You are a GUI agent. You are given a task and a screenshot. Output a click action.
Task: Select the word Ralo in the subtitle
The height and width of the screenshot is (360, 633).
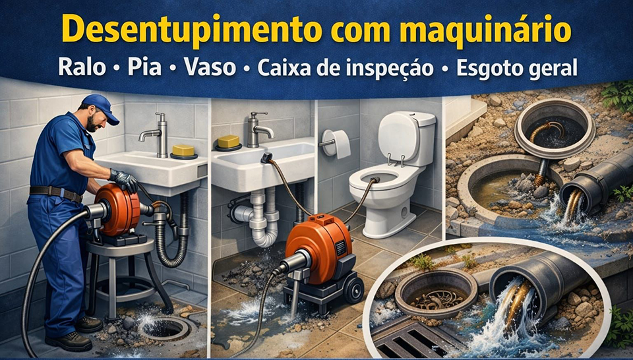(82, 67)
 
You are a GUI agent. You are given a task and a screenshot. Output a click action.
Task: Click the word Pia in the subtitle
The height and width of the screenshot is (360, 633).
(144, 67)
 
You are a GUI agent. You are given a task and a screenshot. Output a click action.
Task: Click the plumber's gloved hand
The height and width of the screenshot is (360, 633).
(125, 180)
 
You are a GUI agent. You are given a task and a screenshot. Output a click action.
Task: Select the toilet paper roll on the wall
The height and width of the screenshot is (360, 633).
(336, 143)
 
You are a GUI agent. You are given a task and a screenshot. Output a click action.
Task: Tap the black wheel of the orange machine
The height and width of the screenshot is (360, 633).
(353, 289)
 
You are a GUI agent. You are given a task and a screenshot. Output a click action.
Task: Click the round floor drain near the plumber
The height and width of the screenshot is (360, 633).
(164, 328)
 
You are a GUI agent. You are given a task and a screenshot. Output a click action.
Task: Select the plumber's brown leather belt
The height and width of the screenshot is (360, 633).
(56, 193)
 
